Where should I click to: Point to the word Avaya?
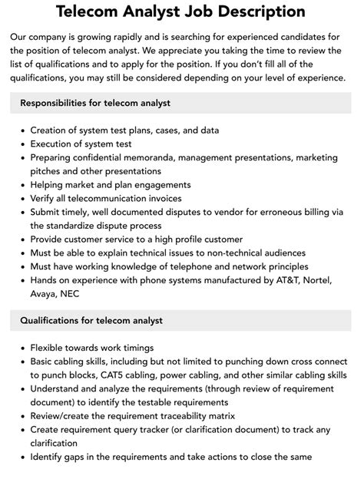point(46,295)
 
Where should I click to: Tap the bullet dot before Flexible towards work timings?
point(21,348)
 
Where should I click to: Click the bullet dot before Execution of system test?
point(21,144)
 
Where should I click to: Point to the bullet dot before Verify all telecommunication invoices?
point(21,198)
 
